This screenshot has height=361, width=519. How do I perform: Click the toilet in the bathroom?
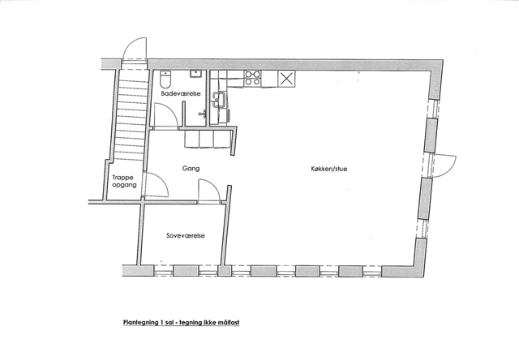165,78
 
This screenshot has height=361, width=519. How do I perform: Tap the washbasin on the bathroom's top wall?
196,74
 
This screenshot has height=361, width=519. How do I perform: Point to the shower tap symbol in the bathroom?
202,114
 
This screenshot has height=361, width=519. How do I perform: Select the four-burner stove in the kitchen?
252,79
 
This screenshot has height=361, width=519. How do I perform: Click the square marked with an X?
286,79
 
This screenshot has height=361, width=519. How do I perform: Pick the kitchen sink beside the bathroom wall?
218,100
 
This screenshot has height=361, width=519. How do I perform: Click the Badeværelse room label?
181,94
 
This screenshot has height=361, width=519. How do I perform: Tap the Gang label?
191,168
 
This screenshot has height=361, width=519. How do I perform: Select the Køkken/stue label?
329,169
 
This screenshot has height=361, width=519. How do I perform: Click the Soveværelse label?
186,236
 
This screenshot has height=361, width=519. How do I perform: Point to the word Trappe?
122,178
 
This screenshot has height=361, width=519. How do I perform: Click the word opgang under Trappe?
124,185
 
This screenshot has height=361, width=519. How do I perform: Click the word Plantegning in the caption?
140,322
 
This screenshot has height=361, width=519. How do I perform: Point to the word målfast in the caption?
229,322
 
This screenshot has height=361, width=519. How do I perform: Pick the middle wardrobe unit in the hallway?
206,139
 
